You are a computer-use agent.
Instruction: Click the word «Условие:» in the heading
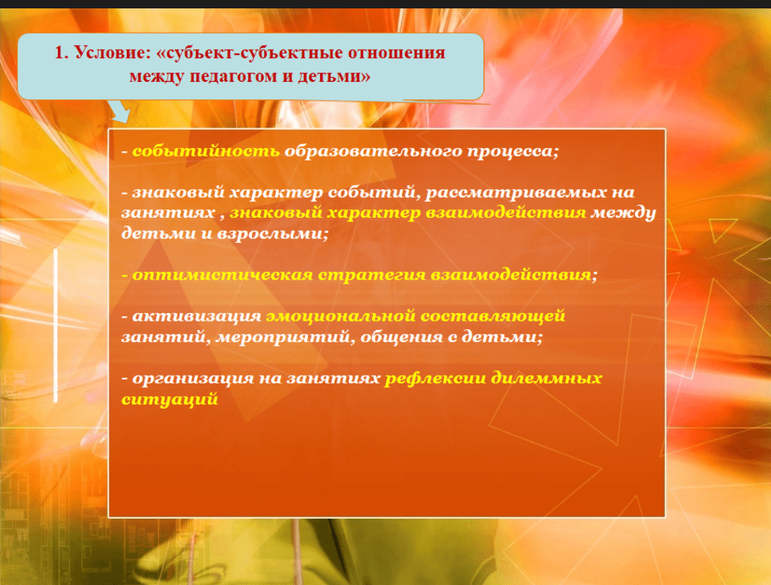pyautogui.click(x=112, y=53)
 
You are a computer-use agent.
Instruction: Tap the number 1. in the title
pyautogui.click(x=61, y=53)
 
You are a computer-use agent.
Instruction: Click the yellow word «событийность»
pyautogui.click(x=206, y=151)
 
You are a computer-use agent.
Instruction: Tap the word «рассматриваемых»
pyautogui.click(x=515, y=192)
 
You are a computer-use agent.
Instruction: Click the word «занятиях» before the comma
pyautogui.click(x=168, y=212)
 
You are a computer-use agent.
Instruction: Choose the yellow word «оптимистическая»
pyautogui.click(x=223, y=275)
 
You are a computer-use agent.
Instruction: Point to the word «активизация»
pyautogui.click(x=196, y=316)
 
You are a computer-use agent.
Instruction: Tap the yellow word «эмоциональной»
pyautogui.click(x=341, y=316)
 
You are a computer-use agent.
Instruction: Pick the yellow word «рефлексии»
pyautogui.click(x=435, y=379)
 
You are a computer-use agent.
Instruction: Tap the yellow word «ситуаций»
pyautogui.click(x=170, y=399)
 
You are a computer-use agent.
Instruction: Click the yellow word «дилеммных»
pyautogui.click(x=546, y=379)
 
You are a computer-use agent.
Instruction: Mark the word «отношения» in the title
pyautogui.click(x=397, y=53)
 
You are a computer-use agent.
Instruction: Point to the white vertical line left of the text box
pyautogui.click(x=56, y=325)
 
